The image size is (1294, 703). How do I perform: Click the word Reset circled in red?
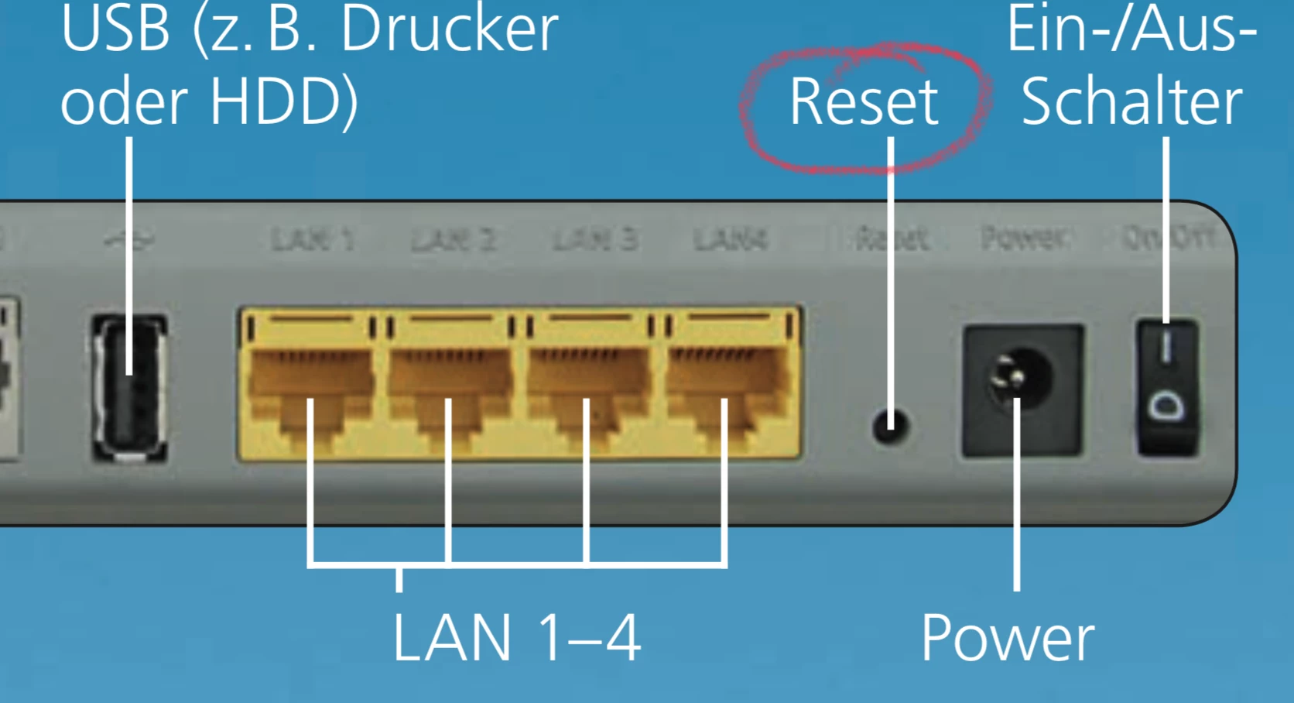[864, 102]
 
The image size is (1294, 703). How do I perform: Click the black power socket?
[1022, 389]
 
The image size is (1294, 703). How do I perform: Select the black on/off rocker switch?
[1167, 387]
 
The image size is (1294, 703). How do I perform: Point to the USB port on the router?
[130, 387]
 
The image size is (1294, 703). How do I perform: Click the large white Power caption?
[1008, 638]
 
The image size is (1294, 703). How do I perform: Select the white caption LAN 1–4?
[516, 638]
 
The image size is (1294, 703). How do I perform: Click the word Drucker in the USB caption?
[450, 29]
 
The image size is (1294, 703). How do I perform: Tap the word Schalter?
[1131, 102]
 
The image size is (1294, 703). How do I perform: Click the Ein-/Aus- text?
[1131, 29]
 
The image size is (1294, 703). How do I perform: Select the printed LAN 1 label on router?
[312, 240]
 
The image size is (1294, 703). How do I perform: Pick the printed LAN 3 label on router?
[594, 240]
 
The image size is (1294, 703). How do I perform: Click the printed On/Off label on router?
[1168, 238]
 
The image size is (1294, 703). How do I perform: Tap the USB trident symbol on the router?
[129, 240]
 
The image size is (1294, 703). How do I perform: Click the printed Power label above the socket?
[1023, 238]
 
